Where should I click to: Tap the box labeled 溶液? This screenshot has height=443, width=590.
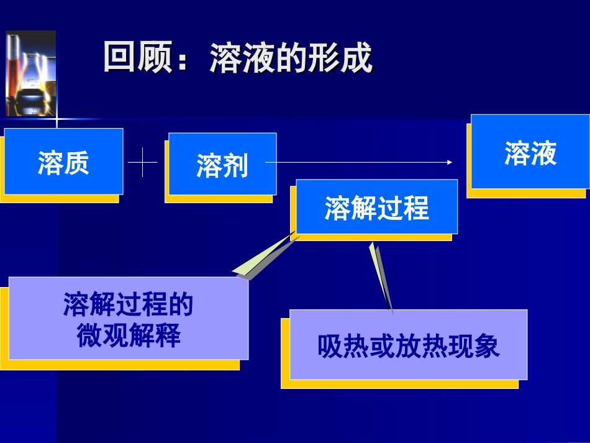point(530,152)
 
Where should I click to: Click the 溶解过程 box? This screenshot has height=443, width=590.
point(376,208)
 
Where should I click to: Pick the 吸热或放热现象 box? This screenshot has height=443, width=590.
point(408,345)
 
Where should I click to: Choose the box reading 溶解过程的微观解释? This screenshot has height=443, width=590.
point(128,319)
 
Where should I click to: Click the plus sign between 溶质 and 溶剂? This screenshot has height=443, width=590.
point(143,163)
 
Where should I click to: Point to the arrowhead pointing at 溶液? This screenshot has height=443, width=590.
point(449,162)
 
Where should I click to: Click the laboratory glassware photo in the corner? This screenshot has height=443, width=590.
point(30,73)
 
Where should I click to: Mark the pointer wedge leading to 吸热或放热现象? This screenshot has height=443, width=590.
point(381,276)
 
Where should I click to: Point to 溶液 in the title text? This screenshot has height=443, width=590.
point(236,58)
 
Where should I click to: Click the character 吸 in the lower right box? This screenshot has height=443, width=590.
point(329,346)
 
